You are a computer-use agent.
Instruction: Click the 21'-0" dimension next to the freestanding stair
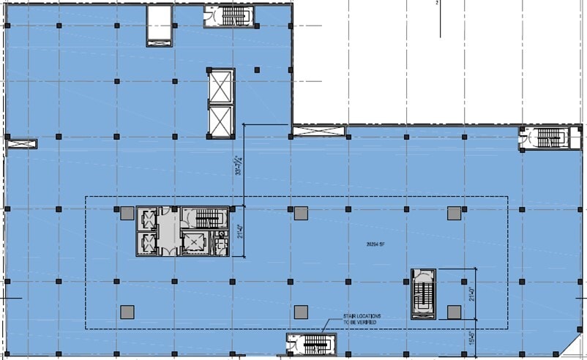pos(471,293)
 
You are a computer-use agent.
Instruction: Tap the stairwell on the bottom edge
pos(311,344)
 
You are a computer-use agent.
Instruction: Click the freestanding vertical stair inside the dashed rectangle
pos(423,293)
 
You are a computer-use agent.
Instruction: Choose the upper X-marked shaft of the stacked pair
pos(220,87)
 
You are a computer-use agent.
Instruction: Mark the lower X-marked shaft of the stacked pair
pos(220,121)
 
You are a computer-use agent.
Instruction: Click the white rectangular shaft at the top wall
pos(159,25)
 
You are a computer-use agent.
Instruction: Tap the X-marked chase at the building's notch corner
pos(318,132)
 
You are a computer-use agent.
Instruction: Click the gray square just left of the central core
pos(127,213)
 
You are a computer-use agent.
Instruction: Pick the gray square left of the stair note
pos(300,312)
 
